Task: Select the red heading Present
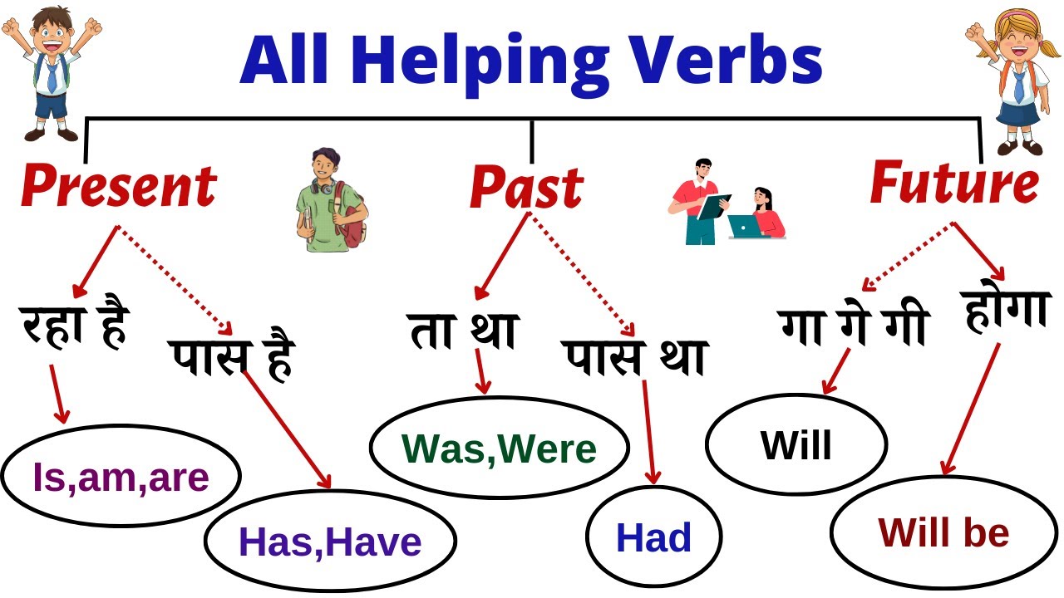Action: tap(118, 187)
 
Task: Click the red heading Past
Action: tap(526, 189)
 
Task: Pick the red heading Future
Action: tap(953, 184)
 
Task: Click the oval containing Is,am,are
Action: tap(121, 476)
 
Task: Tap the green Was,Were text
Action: tap(500, 448)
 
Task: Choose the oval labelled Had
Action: tap(653, 537)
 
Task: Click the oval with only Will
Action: tap(796, 445)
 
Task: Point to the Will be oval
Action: tap(943, 532)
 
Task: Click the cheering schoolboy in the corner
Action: tap(50, 71)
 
